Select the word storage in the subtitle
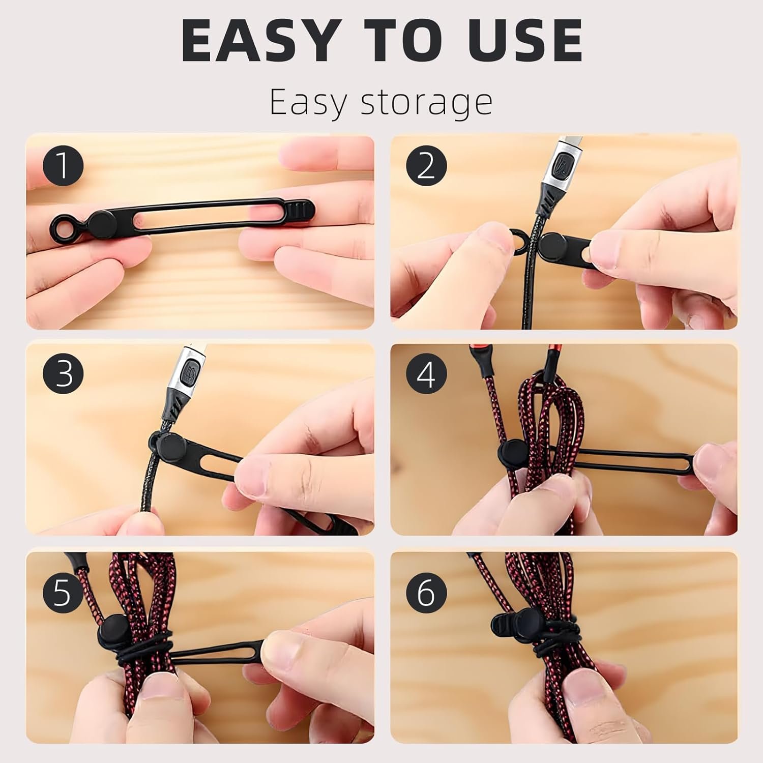(426, 103)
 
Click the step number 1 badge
(63, 165)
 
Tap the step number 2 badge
(426, 165)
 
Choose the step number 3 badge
(63, 374)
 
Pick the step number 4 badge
(426, 375)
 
